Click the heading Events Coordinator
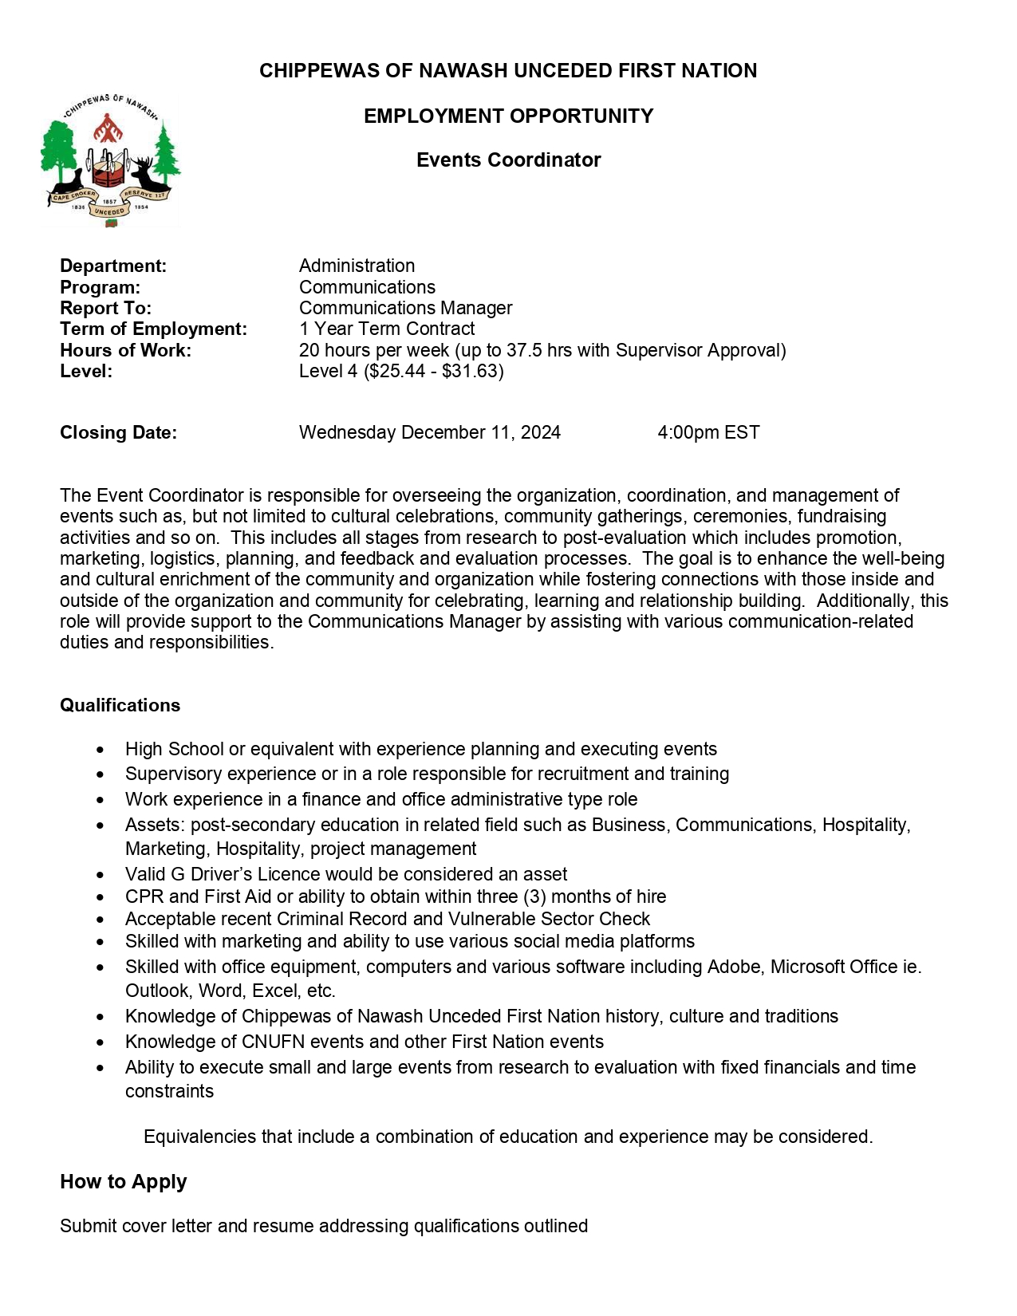coord(508,160)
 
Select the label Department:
coord(113,266)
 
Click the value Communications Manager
coord(405,308)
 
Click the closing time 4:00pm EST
coord(708,432)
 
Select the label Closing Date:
coord(118,432)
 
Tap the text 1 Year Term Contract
coord(387,329)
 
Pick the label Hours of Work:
coord(125,350)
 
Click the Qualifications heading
coord(120,705)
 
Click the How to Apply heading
coord(123,1181)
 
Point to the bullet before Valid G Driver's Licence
coord(100,875)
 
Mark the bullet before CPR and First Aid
coord(100,897)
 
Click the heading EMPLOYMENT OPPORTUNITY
coord(508,116)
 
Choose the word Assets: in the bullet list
coord(155,825)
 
